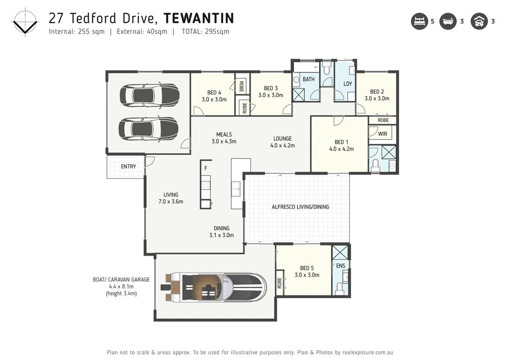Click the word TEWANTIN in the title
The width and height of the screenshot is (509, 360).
pyautogui.click(x=199, y=18)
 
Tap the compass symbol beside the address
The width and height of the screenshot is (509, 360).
pyautogui.click(x=25, y=23)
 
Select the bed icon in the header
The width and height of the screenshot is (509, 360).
pyautogui.click(x=420, y=21)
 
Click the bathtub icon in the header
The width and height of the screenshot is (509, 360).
pyautogui.click(x=448, y=21)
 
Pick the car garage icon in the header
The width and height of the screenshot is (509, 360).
pyautogui.click(x=479, y=21)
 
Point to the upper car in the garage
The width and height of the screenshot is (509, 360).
pyautogui.click(x=150, y=94)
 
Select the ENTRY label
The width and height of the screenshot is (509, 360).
pyautogui.click(x=128, y=167)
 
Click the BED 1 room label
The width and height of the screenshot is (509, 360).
pyautogui.click(x=341, y=142)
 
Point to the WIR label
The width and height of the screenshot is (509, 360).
pyautogui.click(x=382, y=134)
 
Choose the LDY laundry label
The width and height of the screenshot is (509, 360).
pyautogui.click(x=347, y=84)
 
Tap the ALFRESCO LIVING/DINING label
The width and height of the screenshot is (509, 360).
pyautogui.click(x=300, y=207)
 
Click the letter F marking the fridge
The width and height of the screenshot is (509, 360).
pyautogui.click(x=205, y=168)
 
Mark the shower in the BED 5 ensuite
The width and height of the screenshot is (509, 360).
pyautogui.click(x=340, y=252)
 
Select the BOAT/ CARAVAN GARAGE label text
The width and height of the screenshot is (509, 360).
pyautogui.click(x=121, y=279)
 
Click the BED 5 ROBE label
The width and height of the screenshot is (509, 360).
pyautogui.click(x=279, y=283)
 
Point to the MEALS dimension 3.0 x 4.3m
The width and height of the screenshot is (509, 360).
pyautogui.click(x=224, y=142)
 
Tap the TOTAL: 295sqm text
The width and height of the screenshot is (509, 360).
pyautogui.click(x=205, y=31)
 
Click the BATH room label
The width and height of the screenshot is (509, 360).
pyautogui.click(x=308, y=79)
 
